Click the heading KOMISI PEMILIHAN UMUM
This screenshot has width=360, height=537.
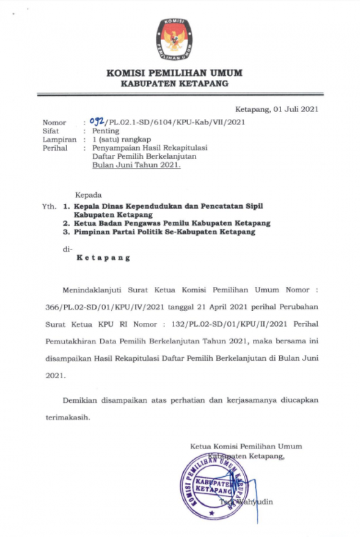click(174, 73)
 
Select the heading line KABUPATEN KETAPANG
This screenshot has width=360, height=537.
click(174, 84)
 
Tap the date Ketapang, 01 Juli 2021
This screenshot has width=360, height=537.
click(278, 109)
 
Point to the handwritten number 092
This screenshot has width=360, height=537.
click(97, 122)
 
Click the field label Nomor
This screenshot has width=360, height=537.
click(54, 123)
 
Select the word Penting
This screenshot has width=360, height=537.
click(106, 131)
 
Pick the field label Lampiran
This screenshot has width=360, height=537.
click(57, 140)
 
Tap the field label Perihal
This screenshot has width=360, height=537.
click(54, 148)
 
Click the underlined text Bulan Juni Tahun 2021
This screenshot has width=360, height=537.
click(136, 165)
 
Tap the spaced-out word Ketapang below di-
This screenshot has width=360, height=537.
click(103, 258)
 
